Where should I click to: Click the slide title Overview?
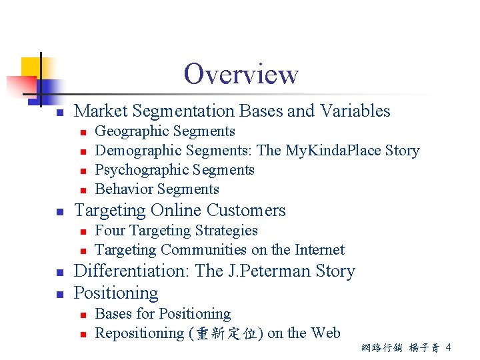point(241,74)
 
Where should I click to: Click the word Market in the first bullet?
point(97,111)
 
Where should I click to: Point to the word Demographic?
point(138,151)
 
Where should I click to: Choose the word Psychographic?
point(141,170)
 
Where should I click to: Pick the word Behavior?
point(123,189)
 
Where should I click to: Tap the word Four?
point(110,231)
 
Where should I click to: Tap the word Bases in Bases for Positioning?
point(113,314)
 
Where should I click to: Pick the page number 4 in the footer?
point(449,347)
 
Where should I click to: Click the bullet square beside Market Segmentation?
point(59,112)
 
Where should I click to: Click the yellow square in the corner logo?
point(31,67)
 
